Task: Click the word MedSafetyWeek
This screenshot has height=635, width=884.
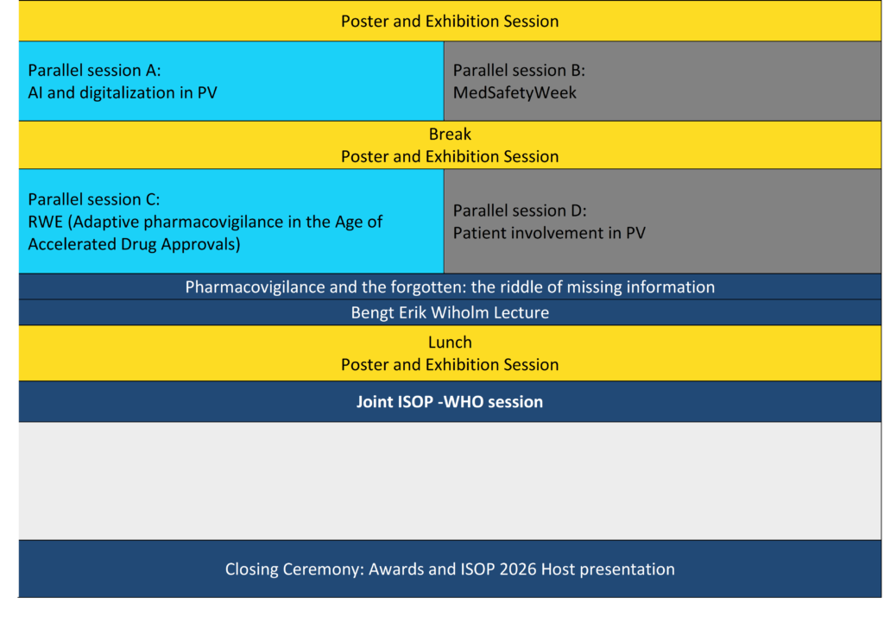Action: [515, 93]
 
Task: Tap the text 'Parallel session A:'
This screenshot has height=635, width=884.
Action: [94, 71]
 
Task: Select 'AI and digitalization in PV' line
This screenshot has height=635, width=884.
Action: [123, 93]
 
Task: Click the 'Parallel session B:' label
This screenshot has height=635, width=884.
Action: [519, 71]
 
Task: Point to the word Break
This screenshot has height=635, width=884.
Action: [450, 134]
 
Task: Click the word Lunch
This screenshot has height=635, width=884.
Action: [450, 343]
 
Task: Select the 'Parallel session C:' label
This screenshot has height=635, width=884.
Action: [93, 199]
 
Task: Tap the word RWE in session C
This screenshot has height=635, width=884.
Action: [46, 222]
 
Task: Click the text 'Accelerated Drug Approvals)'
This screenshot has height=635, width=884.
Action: [134, 244]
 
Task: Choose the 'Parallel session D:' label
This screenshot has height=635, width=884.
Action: [520, 211]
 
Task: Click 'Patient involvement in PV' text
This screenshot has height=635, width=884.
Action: [549, 233]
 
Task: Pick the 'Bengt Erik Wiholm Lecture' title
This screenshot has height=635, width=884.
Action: [450, 312]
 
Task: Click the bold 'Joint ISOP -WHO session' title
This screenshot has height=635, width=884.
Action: [450, 402]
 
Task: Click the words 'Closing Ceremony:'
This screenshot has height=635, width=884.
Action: [294, 569]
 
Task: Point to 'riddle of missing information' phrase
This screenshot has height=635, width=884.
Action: [611, 287]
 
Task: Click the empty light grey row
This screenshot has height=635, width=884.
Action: [450, 481]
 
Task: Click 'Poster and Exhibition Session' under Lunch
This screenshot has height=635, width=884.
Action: [450, 365]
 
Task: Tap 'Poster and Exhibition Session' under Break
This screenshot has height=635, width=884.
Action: [450, 157]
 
